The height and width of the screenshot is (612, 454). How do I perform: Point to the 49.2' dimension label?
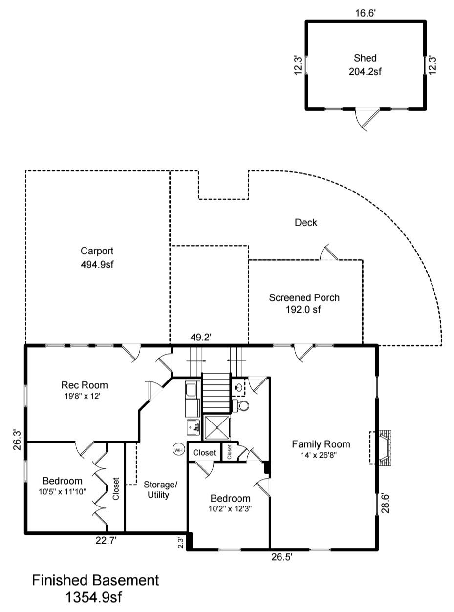201,337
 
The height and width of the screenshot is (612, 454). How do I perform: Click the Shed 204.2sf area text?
365,71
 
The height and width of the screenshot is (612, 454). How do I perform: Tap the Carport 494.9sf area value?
97,265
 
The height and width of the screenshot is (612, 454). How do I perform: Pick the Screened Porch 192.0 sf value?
304,309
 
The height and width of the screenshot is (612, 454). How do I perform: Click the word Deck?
306,223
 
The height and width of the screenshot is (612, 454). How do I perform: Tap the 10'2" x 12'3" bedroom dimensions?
230,508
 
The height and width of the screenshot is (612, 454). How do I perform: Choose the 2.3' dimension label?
180,543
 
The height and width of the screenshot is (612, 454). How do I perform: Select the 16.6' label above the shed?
365,13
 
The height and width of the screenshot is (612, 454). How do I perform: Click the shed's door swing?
368,119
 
